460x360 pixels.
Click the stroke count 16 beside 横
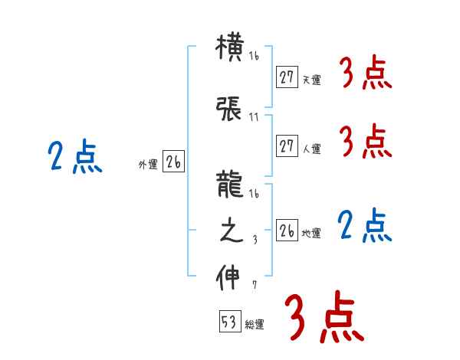(255, 57)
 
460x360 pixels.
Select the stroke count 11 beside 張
(255, 118)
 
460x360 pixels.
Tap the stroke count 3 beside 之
(255, 240)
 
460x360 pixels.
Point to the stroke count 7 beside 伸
(255, 286)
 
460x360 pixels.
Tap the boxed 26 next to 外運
(173, 162)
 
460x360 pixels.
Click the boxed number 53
(229, 322)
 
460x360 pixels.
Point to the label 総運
(255, 325)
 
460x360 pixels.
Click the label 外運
(147, 164)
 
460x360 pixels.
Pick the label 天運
(311, 79)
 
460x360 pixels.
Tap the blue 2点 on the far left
(75, 158)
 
